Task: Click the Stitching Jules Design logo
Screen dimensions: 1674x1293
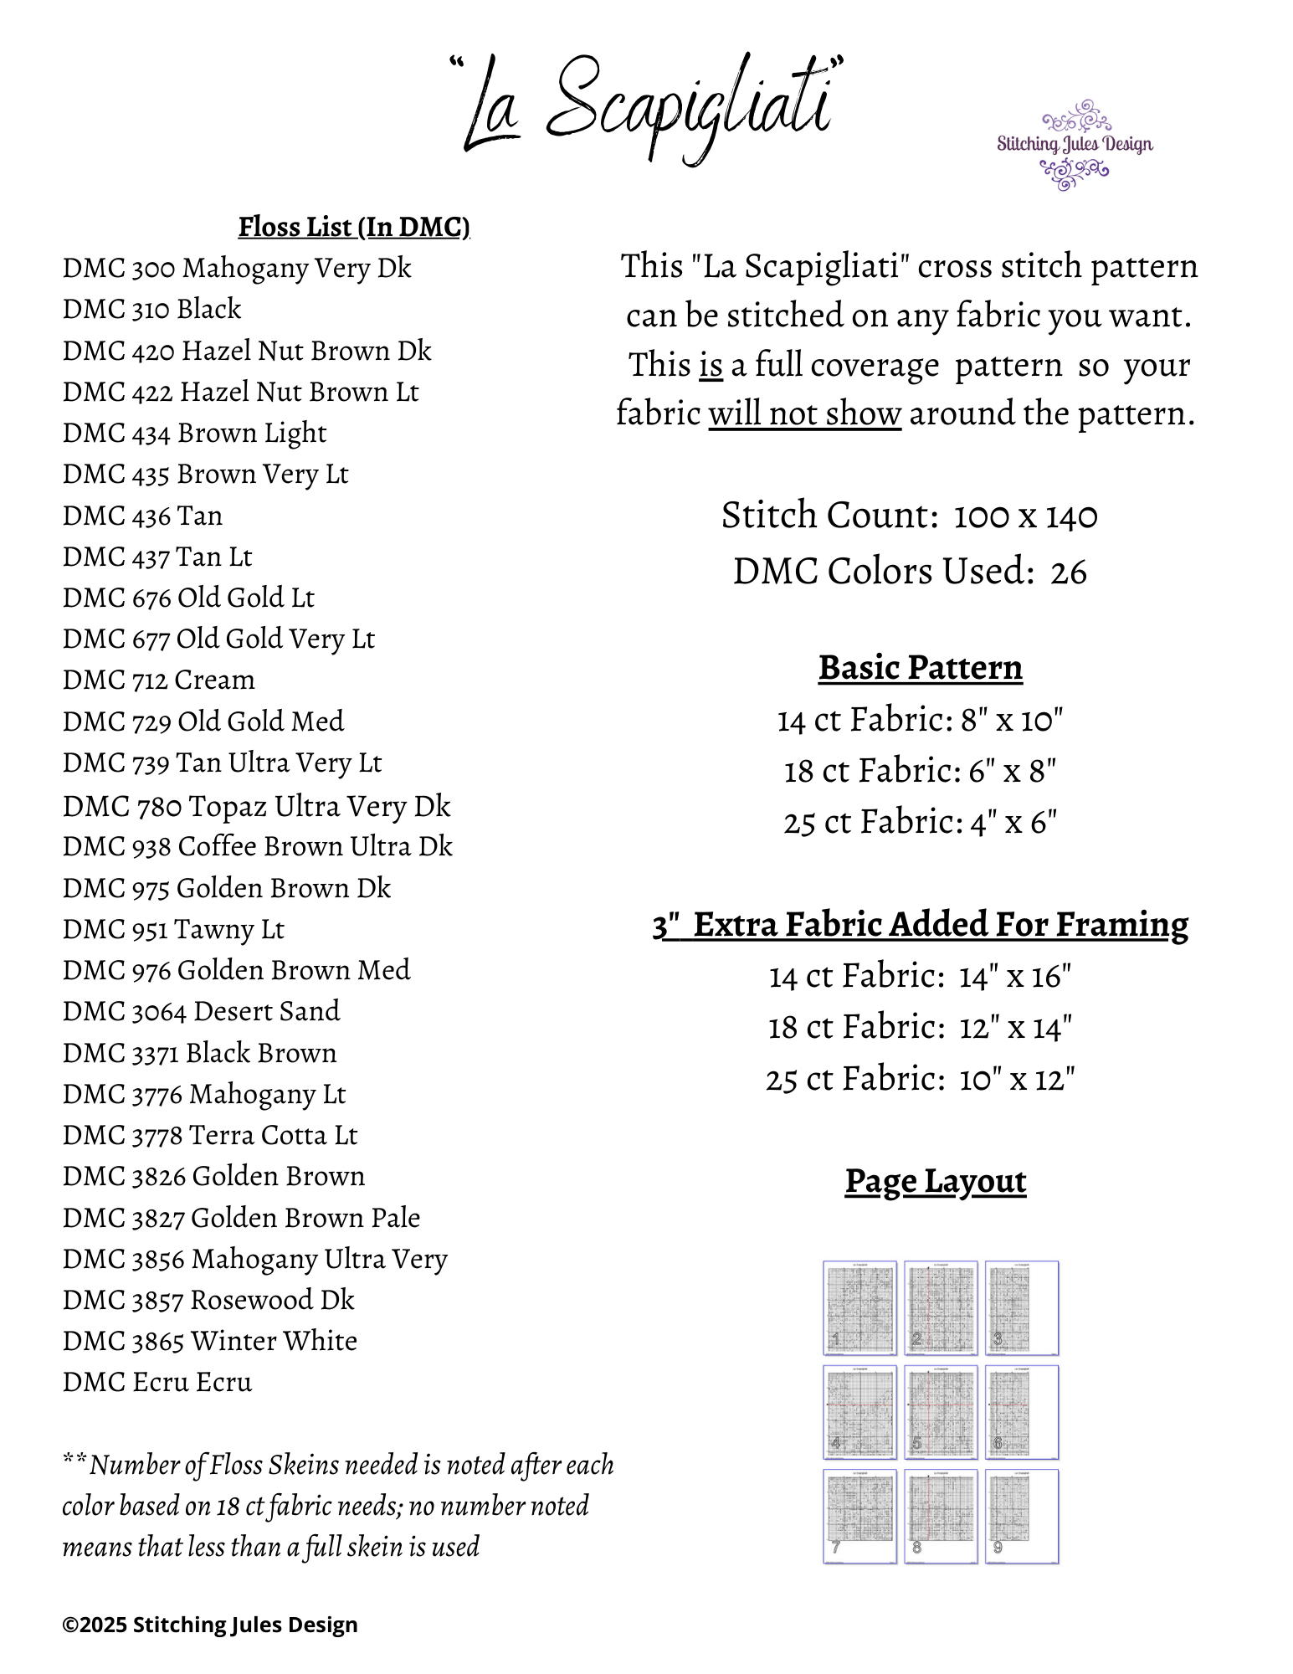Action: click(1074, 145)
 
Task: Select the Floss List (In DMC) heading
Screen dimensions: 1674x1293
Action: click(353, 227)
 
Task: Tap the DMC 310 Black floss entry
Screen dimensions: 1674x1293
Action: click(151, 310)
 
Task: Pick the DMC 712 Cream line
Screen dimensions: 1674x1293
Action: click(158, 680)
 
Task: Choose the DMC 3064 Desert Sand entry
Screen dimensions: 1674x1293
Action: click(201, 1012)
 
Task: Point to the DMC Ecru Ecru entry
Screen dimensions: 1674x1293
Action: click(156, 1383)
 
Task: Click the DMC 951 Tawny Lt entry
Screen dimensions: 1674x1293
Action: click(173, 930)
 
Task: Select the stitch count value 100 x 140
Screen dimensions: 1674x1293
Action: click(1025, 516)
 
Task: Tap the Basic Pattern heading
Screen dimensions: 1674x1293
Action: click(920, 668)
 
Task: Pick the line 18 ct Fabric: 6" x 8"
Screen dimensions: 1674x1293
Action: click(920, 772)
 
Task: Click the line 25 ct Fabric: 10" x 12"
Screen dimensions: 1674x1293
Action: click(920, 1080)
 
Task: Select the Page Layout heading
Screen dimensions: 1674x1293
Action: click(935, 1182)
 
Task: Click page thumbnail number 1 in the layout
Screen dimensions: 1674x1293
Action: click(859, 1307)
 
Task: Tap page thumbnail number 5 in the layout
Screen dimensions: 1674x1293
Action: click(941, 1412)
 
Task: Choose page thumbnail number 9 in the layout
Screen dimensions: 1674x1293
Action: click(1022, 1516)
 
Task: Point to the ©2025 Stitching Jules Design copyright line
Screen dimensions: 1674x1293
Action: click(210, 1625)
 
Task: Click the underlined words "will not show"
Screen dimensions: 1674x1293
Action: click(804, 414)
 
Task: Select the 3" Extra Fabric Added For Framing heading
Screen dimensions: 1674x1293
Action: click(920, 925)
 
